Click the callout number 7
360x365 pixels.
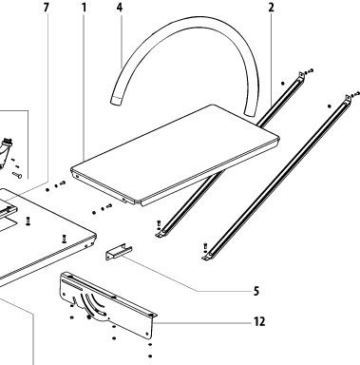(x=47, y=8)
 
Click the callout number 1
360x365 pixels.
(x=84, y=8)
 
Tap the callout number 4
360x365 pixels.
(x=120, y=8)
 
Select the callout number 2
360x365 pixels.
(x=271, y=8)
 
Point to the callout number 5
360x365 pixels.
(x=256, y=291)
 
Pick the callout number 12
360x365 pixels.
(x=259, y=322)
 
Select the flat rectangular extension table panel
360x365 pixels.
(x=175, y=155)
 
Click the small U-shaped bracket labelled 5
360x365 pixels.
(x=119, y=252)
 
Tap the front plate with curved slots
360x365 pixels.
(x=107, y=304)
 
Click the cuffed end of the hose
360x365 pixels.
(x=116, y=100)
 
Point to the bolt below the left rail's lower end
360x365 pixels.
(x=159, y=223)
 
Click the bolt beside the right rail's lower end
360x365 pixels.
(x=205, y=246)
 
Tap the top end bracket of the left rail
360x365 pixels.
(x=300, y=76)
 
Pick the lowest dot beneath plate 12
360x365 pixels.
(x=150, y=356)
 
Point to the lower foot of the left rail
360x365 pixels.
(x=161, y=234)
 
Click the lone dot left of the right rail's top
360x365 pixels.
(x=330, y=106)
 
